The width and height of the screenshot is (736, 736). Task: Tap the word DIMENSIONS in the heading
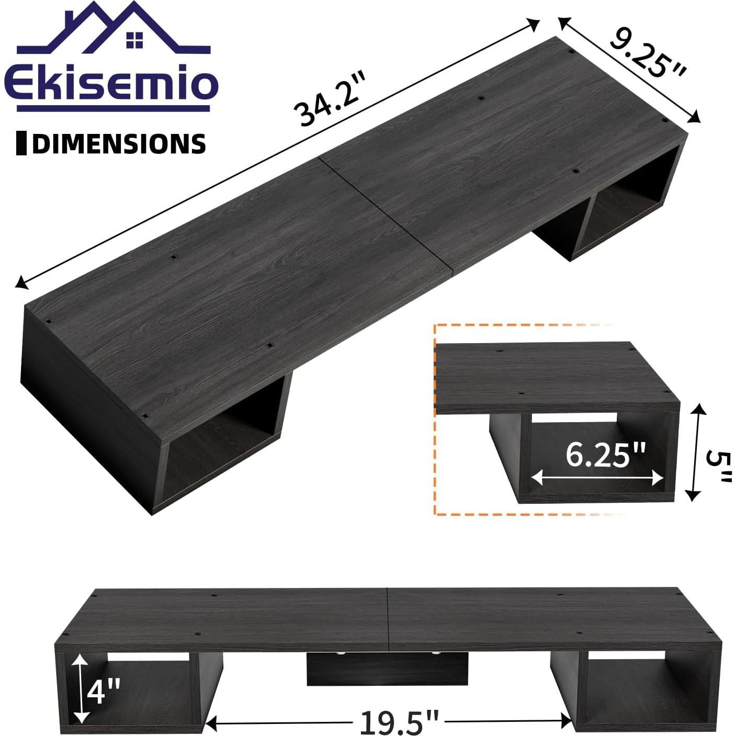[119, 144]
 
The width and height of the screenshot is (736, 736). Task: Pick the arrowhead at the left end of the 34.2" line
[20, 284]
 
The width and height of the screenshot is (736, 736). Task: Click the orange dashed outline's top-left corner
[435, 325]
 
